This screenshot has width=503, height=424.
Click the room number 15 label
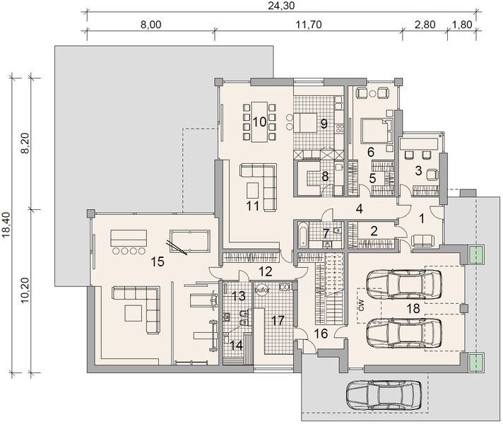(158, 261)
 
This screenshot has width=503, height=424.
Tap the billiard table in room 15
(189, 241)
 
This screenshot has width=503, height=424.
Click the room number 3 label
(418, 170)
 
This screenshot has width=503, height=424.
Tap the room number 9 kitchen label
(323, 124)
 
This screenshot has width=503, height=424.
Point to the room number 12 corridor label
(264, 271)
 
